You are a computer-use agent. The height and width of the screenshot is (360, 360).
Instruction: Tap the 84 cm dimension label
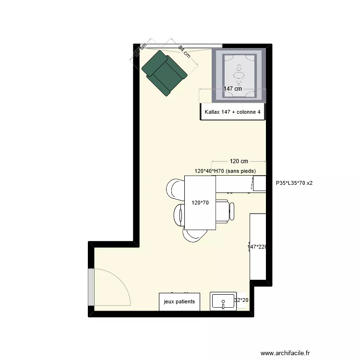(x=184, y=52)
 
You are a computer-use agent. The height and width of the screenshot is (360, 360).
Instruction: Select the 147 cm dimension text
(x=233, y=89)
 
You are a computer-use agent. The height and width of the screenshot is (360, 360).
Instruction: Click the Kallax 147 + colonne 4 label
(x=233, y=112)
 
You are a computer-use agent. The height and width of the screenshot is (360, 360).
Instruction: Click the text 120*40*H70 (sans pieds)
(x=225, y=171)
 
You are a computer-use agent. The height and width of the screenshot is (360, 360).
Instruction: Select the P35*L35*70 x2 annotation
(x=294, y=183)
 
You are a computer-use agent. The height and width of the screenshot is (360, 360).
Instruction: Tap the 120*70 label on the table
(x=200, y=203)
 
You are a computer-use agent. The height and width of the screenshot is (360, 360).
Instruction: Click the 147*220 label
(x=257, y=247)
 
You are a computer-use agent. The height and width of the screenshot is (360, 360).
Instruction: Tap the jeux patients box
(x=180, y=302)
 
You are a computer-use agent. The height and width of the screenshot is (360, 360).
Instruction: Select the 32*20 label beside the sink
(x=241, y=300)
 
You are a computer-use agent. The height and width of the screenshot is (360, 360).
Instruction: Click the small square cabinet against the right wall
(x=259, y=183)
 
